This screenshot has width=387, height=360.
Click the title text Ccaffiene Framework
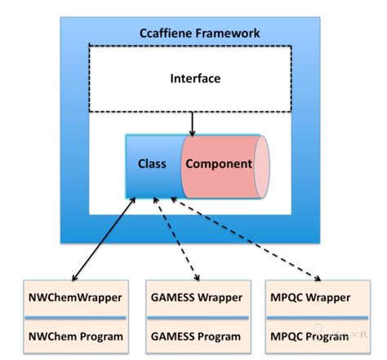tap(199, 33)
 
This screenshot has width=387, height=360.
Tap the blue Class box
tap(151, 164)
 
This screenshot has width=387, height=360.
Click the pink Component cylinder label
tap(218, 164)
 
